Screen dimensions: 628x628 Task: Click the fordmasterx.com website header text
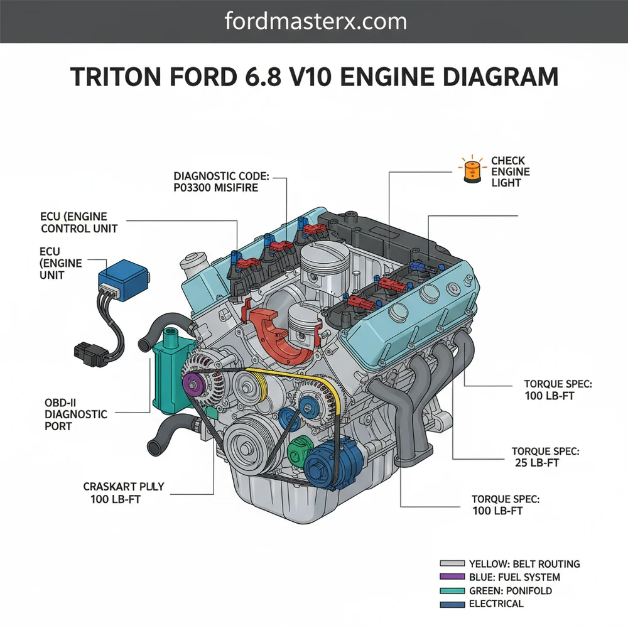(x=315, y=21)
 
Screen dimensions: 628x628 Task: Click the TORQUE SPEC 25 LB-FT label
(x=544, y=457)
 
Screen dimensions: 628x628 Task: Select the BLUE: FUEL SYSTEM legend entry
(x=514, y=577)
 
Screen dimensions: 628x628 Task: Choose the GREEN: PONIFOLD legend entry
(x=509, y=590)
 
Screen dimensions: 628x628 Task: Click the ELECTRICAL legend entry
(x=495, y=604)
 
